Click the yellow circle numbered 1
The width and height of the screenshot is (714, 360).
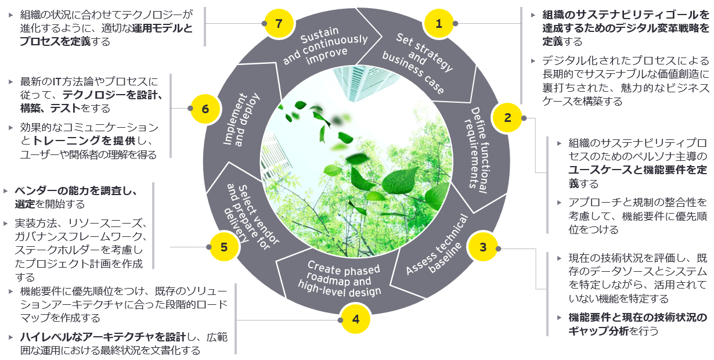click(439, 24)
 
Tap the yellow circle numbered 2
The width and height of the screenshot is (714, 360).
click(507, 118)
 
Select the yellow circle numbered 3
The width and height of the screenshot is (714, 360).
click(482, 247)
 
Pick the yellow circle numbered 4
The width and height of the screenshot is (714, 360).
click(355, 319)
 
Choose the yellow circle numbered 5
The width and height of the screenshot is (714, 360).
click(223, 247)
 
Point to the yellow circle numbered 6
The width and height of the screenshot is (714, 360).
click(205, 109)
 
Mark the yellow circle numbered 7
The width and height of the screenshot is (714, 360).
click(279, 24)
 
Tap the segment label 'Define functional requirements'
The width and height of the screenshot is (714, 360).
click(477, 147)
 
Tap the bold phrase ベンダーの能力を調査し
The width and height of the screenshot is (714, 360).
click(75, 190)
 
